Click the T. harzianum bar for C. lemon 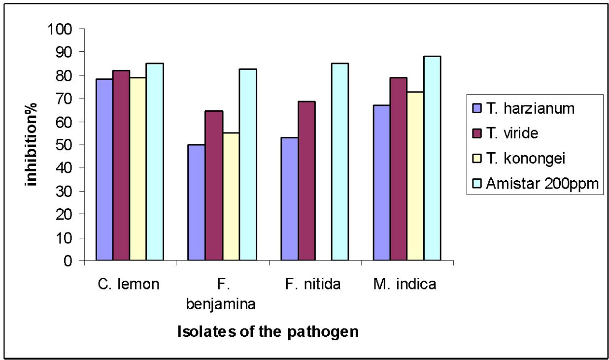pyautogui.click(x=104, y=169)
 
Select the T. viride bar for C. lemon pyautogui.click(x=121, y=165)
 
